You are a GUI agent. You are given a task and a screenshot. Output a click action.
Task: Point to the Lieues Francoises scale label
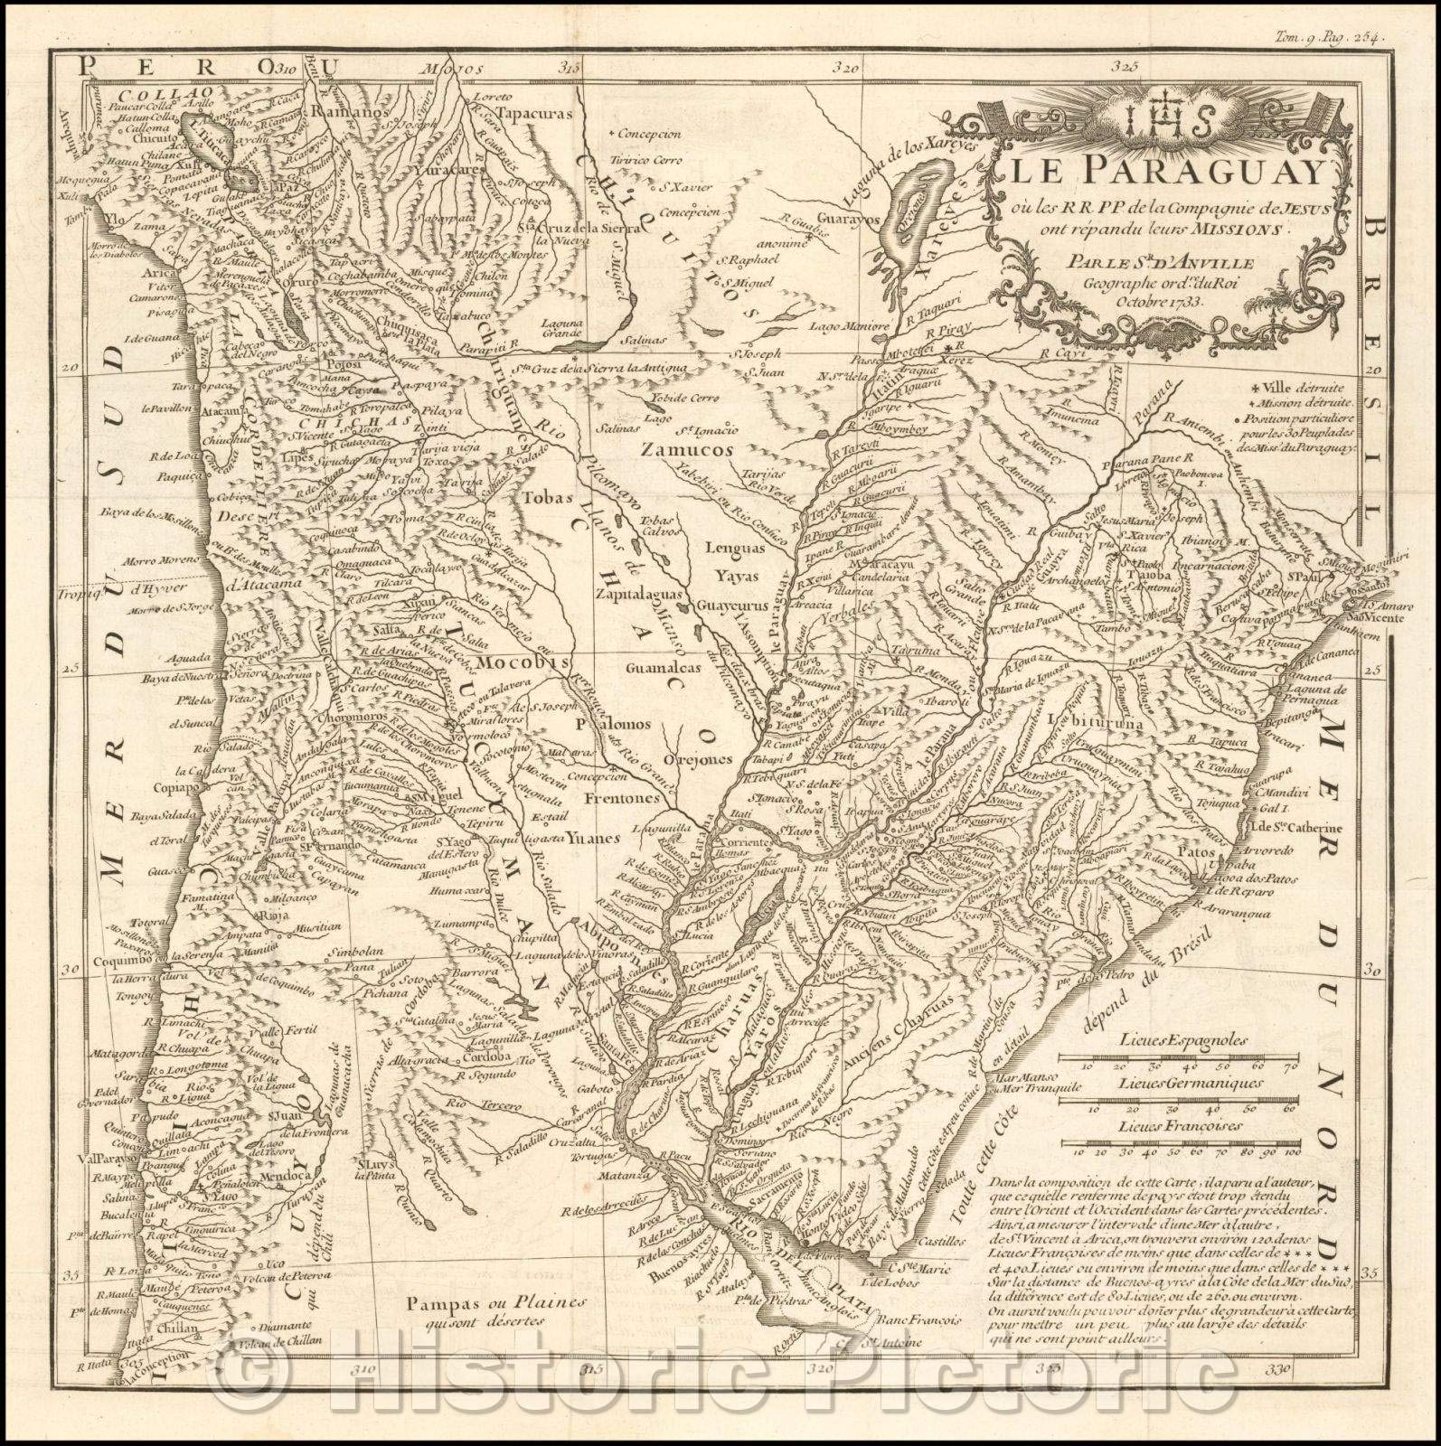coord(1179,1127)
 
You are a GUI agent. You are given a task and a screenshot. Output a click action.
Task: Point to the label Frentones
coord(594,801)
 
